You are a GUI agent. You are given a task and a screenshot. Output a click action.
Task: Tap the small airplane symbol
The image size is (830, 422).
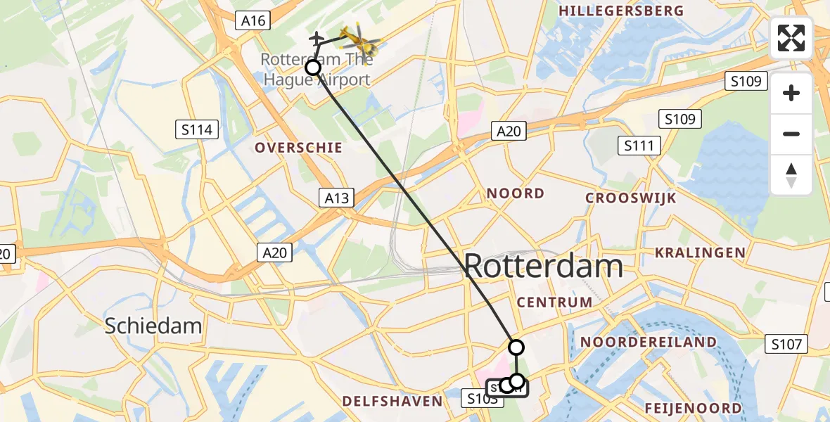point(317,37)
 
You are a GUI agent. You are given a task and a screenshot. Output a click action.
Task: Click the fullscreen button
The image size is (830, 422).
point(791,38)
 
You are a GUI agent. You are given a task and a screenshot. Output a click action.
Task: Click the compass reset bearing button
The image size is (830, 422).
point(791,175)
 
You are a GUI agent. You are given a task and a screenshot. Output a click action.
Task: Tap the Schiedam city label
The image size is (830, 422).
point(153,326)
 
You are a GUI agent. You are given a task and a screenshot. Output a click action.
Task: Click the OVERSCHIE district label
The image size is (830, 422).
point(299,148)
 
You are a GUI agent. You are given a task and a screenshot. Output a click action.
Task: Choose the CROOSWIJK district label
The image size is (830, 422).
point(631,198)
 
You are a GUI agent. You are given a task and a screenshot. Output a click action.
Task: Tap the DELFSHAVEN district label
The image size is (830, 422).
point(392,402)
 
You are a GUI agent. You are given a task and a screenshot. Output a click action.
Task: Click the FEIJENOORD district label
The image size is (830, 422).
point(693,409)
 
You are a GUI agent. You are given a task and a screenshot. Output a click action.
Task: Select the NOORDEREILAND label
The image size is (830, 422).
point(649,343)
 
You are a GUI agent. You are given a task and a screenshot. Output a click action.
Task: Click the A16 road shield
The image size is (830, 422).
point(253,20)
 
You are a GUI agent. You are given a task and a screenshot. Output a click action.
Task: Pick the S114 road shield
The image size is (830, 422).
point(197,129)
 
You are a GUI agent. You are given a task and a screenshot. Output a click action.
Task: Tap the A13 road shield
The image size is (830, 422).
point(336,198)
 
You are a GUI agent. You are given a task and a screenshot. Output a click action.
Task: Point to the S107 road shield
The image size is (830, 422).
point(786,344)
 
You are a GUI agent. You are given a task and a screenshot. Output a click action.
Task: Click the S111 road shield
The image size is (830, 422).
point(639,146)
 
